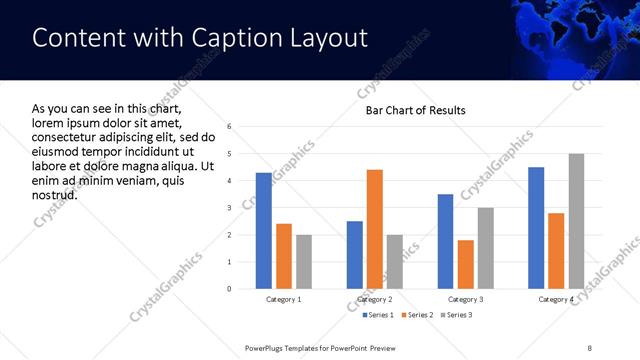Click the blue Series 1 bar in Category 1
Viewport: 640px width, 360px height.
click(264, 231)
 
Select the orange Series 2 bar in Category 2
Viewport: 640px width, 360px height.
click(375, 229)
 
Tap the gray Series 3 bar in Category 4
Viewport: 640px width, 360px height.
click(576, 221)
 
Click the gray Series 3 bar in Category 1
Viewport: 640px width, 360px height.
click(304, 262)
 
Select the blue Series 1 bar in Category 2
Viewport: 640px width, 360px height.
click(355, 255)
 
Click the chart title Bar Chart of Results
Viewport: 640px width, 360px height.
click(415, 110)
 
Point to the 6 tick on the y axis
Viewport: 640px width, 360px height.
click(230, 127)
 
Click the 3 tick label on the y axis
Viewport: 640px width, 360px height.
click(230, 208)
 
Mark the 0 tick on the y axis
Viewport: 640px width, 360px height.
click(230, 289)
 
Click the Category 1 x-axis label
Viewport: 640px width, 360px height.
click(284, 299)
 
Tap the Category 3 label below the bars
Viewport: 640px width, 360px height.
click(465, 299)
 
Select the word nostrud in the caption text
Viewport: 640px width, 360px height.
click(54, 193)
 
